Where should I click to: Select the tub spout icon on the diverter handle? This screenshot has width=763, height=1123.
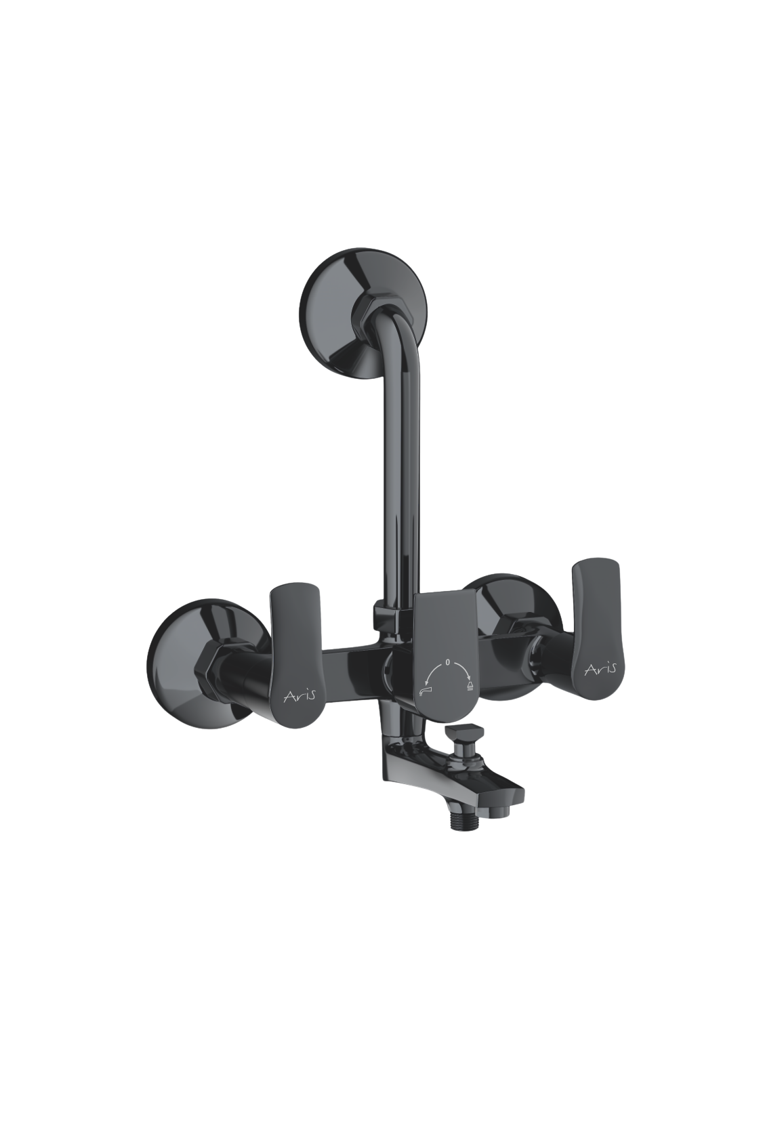click(x=424, y=692)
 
